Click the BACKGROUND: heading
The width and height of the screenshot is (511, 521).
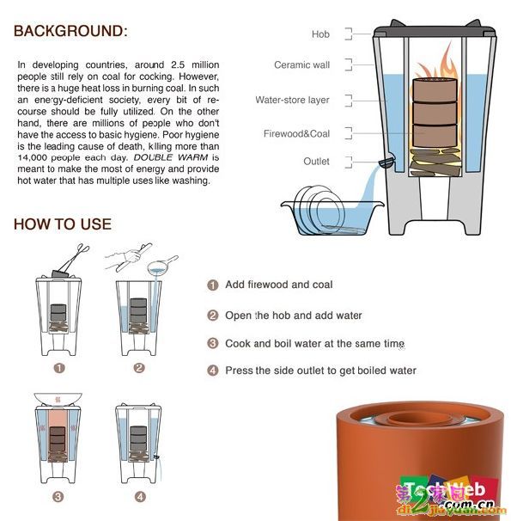(70, 31)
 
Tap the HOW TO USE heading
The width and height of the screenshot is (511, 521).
(63, 224)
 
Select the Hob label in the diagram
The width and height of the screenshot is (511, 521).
(320, 34)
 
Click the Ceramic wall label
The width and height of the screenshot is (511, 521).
(301, 64)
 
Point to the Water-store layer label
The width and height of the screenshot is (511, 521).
(292, 100)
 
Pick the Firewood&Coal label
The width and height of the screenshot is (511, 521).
(296, 133)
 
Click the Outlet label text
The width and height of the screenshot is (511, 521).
(316, 161)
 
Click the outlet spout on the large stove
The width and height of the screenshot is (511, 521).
(386, 162)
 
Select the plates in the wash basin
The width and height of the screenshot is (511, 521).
(318, 208)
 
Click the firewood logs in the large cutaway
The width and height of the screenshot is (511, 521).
(435, 162)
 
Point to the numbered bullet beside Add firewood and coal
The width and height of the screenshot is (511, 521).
(213, 285)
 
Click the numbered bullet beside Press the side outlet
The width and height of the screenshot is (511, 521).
(213, 371)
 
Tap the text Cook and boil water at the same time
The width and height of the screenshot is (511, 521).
(314, 344)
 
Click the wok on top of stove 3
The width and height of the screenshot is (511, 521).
(58, 399)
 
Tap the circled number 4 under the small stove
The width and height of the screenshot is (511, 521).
(140, 497)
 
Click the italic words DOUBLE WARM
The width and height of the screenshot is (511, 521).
(171, 157)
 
